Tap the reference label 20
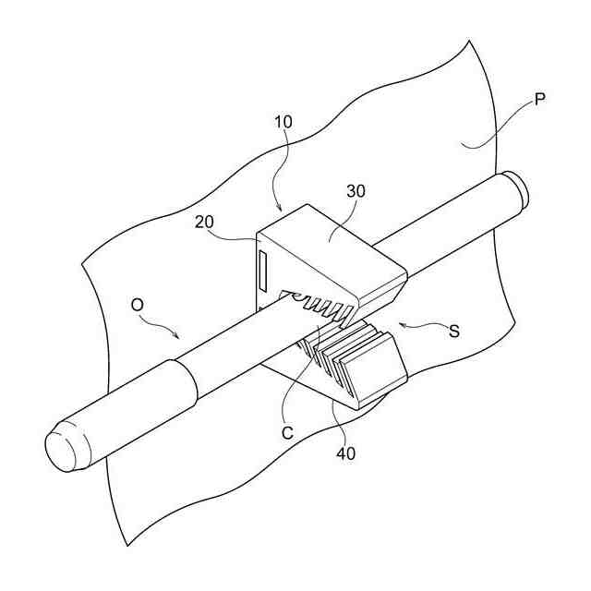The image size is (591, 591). pos(205,222)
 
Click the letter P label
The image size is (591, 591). pos(539,97)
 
